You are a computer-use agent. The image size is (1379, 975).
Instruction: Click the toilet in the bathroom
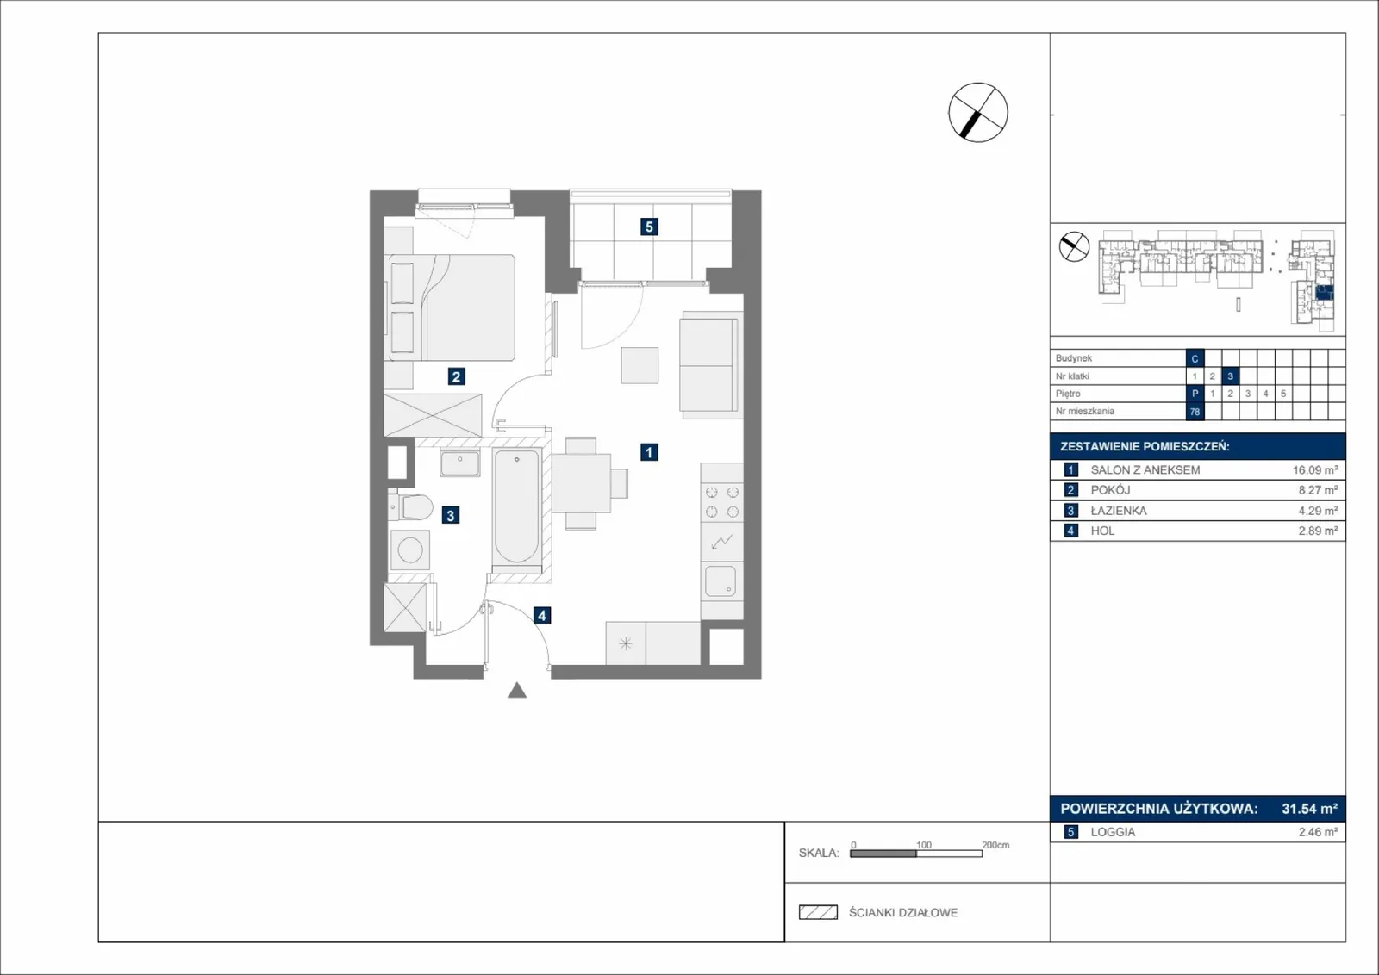click(410, 507)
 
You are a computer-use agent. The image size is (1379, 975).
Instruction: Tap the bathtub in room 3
click(516, 506)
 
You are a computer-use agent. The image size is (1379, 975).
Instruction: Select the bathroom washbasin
click(460, 463)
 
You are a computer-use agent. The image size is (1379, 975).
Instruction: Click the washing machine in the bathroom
click(410, 550)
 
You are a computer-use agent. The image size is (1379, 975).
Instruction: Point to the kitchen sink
click(721, 581)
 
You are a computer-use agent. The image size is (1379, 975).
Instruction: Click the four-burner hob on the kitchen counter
click(722, 502)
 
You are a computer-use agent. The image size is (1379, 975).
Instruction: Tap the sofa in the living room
click(711, 365)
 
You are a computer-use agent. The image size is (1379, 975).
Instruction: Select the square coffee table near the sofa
click(640, 365)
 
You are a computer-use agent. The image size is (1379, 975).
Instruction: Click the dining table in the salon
click(581, 483)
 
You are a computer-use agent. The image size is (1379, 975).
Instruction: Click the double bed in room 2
click(450, 307)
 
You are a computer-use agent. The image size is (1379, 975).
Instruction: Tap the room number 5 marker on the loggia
click(649, 227)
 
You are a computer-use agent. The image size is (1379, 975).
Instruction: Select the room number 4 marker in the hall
click(542, 616)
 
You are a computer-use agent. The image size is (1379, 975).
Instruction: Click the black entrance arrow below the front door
click(517, 691)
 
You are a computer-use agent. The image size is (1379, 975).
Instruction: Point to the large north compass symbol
click(978, 113)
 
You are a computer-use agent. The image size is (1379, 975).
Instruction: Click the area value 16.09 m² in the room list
click(1315, 470)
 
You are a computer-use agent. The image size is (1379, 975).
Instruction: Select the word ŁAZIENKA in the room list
click(1119, 511)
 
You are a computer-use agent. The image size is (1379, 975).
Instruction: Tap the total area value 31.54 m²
click(1309, 809)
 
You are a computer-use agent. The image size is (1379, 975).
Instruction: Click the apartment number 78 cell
click(1195, 412)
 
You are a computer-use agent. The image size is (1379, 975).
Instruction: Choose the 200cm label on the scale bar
click(995, 845)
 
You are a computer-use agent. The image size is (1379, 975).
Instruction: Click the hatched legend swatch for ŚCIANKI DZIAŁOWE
click(818, 912)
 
